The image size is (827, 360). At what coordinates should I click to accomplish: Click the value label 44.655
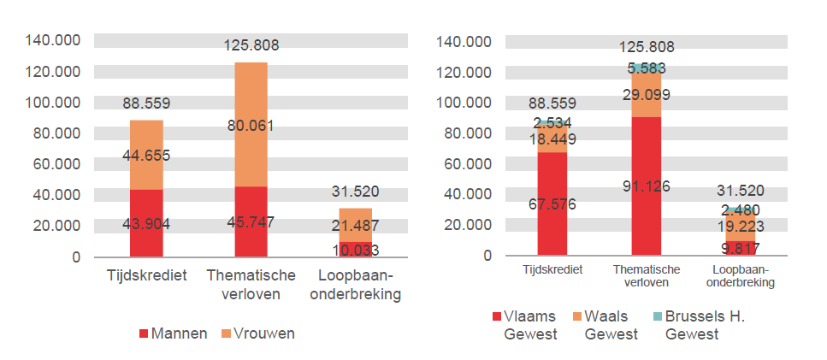pyautogui.click(x=146, y=155)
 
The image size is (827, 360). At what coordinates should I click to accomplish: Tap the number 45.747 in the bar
pyautogui.click(x=251, y=224)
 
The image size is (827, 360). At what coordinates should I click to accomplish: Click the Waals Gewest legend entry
pyautogui.click(x=607, y=325)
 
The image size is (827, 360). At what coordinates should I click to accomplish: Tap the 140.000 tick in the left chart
pyautogui.click(x=53, y=40)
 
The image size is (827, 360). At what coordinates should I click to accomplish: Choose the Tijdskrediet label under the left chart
pyautogui.click(x=146, y=275)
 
